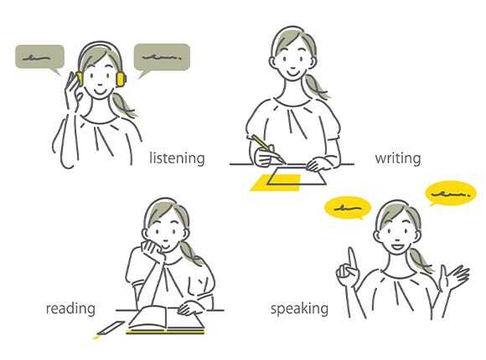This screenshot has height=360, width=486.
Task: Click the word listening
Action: (177, 158)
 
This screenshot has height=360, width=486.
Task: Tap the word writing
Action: (398, 158)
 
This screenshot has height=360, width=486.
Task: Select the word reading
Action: (70, 309)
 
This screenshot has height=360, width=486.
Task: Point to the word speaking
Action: (299, 309)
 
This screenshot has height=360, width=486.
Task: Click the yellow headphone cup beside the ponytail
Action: (121, 79)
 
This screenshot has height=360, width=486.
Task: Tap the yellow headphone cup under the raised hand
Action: (80, 79)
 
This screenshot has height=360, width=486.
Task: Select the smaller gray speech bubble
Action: (39, 59)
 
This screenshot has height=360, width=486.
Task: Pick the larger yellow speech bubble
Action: (451, 193)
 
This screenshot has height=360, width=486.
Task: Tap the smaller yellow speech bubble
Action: (348, 208)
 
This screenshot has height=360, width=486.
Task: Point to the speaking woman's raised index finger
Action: (352, 260)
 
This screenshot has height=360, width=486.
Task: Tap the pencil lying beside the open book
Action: (110, 329)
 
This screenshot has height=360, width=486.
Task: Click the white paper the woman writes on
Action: (297, 176)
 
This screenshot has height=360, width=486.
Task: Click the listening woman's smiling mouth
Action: (101, 91)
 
